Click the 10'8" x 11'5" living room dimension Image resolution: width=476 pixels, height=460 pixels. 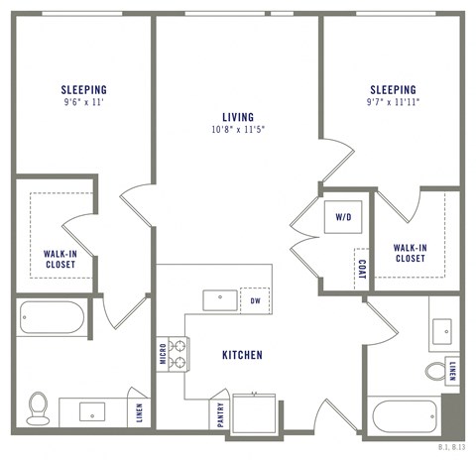pyautogui.click(x=237, y=129)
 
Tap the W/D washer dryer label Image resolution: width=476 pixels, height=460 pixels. pyautogui.click(x=343, y=217)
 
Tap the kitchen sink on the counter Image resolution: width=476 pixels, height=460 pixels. pyautogui.click(x=218, y=299)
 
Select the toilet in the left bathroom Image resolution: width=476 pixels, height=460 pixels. pyautogui.click(x=38, y=407)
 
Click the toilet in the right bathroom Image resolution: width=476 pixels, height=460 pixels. pyautogui.click(x=436, y=371)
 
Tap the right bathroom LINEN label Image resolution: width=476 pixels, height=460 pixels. pyautogui.click(x=453, y=370)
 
